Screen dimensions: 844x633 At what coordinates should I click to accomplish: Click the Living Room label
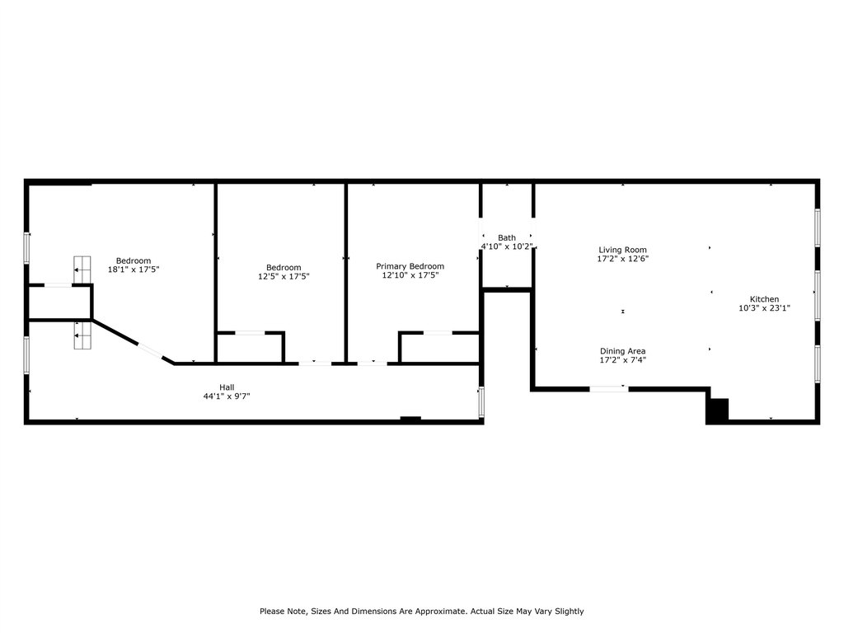623,250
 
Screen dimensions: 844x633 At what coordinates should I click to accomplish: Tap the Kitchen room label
764,299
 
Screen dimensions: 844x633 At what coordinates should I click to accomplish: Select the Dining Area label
623,351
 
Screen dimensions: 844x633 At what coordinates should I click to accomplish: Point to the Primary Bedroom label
410,266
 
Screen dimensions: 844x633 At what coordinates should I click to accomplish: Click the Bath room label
507,237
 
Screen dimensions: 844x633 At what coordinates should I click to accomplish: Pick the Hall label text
227,387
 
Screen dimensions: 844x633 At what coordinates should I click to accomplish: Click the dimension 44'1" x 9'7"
227,396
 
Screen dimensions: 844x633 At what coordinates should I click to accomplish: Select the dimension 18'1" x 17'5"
134,270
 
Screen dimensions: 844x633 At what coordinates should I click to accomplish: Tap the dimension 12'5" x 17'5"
284,276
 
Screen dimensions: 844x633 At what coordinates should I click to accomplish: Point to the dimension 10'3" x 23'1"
764,308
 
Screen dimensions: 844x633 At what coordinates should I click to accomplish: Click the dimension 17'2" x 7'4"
623,360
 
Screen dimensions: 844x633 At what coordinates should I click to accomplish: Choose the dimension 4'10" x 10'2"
507,246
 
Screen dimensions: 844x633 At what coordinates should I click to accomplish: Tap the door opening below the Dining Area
609,389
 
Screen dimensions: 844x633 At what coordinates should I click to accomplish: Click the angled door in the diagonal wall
151,350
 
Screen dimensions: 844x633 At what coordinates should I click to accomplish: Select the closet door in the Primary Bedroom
438,333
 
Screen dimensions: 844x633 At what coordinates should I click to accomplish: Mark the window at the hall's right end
481,401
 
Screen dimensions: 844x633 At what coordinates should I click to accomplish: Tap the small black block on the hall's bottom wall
410,419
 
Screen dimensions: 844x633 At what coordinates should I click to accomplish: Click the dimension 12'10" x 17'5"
410,275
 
